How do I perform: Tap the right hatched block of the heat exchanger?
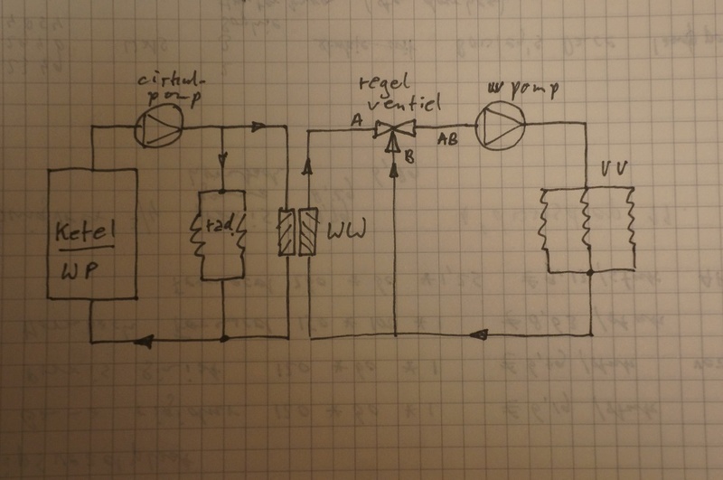(x=308, y=232)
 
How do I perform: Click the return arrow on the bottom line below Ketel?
(x=145, y=340)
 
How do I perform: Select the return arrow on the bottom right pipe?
(x=479, y=335)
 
